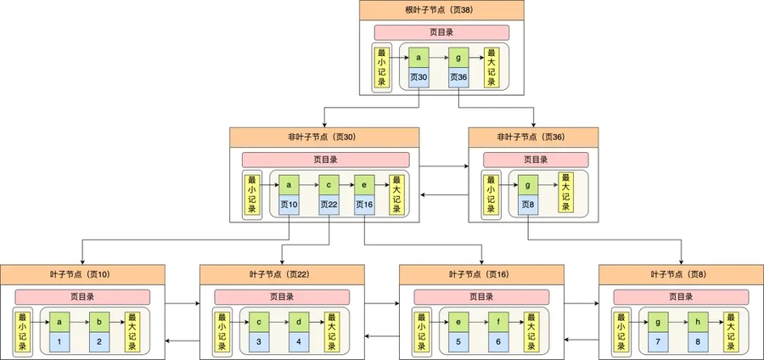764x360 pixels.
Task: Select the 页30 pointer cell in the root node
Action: (x=419, y=77)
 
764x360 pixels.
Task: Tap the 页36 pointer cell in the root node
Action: (x=458, y=77)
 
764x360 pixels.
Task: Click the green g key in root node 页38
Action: (x=458, y=58)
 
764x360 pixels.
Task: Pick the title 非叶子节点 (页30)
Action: (x=325, y=137)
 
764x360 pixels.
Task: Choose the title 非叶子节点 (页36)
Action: (x=533, y=137)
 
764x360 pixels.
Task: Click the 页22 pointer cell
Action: (x=329, y=205)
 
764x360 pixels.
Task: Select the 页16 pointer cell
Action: (x=364, y=205)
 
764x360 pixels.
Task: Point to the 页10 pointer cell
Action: (x=289, y=205)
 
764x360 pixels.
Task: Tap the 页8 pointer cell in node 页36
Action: (x=528, y=205)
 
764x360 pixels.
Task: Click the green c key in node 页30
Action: (x=329, y=185)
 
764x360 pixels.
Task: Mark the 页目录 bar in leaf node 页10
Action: (x=82, y=297)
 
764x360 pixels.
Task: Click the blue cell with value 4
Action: (x=300, y=341)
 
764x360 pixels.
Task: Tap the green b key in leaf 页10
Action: (x=99, y=323)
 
